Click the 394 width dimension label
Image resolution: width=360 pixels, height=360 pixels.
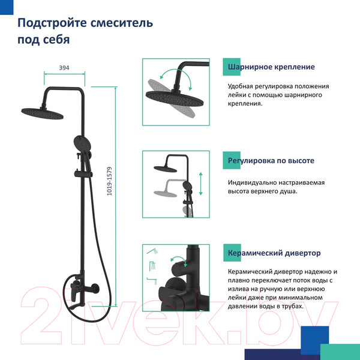tap(64, 68)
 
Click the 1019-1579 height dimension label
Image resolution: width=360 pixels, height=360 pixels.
tap(110, 181)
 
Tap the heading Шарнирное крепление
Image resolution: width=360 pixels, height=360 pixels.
tap(271, 67)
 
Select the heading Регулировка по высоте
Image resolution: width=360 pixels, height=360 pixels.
tap(271, 160)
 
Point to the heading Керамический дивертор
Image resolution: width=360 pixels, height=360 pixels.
tap(274, 253)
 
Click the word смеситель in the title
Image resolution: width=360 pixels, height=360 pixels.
tap(122, 23)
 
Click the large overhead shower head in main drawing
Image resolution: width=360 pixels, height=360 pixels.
tap(43, 113)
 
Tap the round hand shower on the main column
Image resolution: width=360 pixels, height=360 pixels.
tap(82, 143)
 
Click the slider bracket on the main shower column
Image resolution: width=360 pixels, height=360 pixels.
tap(83, 174)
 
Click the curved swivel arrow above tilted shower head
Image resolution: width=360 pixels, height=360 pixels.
tap(176, 77)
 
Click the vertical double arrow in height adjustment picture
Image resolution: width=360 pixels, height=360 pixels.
tap(201, 184)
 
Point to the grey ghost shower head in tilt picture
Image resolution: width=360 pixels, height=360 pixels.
tap(171, 98)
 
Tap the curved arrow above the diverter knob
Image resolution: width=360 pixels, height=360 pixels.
tap(179, 260)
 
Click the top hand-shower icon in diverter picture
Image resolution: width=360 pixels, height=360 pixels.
tap(152, 251)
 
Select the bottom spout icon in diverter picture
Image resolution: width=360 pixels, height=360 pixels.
tap(152, 281)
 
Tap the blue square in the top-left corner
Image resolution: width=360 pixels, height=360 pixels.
tap(7, 7)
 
